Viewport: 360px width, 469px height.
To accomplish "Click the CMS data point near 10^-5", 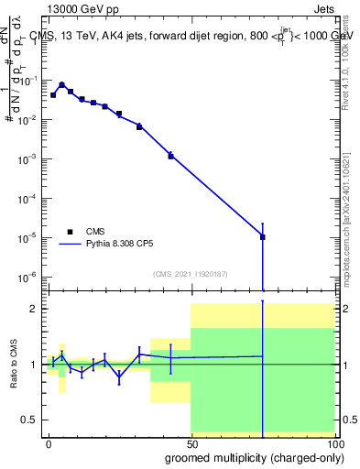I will click(263, 237).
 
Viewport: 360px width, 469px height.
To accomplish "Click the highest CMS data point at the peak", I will click(61, 85).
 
